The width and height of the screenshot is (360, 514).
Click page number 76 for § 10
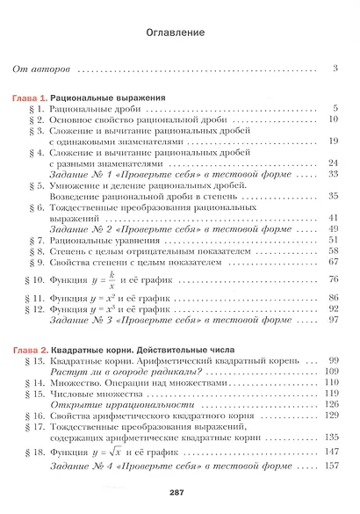click(333, 280)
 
